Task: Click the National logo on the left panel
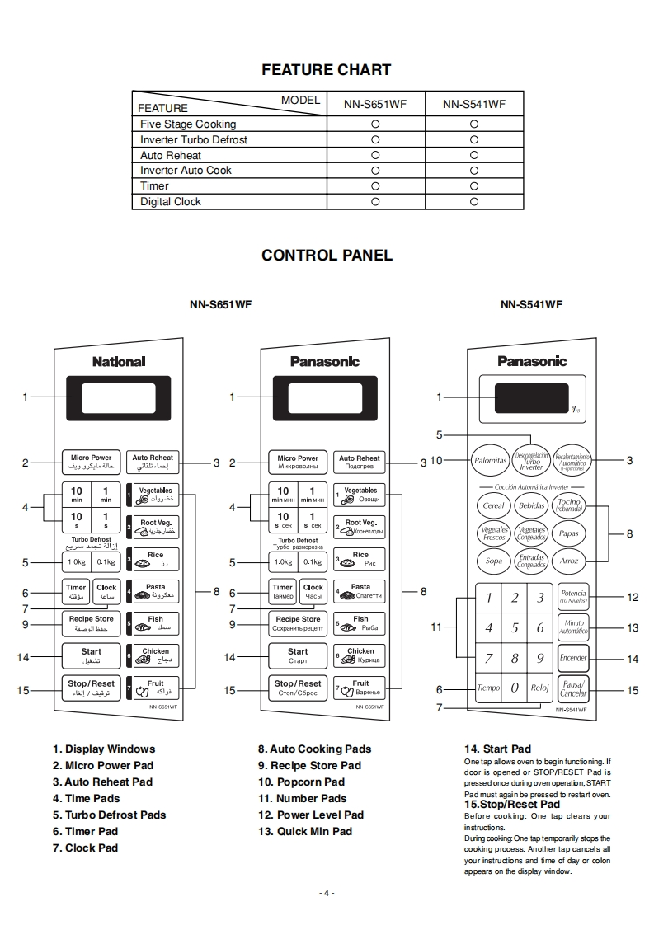[119, 361]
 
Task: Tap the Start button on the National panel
[92, 656]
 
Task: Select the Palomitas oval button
[490, 461]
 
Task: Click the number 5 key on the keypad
[515, 627]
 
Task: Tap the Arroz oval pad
[569, 561]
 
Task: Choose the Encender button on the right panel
[573, 658]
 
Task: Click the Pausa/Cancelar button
[573, 688]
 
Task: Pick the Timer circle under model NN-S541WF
[474, 186]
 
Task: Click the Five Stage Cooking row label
[188, 124]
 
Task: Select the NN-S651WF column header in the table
[374, 104]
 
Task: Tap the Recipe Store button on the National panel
[92, 623]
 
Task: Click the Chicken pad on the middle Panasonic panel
[360, 655]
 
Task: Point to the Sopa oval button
[494, 561]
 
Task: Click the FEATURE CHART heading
[326, 70]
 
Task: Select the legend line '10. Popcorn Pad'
[301, 782]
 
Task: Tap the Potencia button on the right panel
[573, 596]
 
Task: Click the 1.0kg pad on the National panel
[77, 562]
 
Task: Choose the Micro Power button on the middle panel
[298, 462]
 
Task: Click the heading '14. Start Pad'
[497, 749]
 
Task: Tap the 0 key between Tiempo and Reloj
[515, 687]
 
